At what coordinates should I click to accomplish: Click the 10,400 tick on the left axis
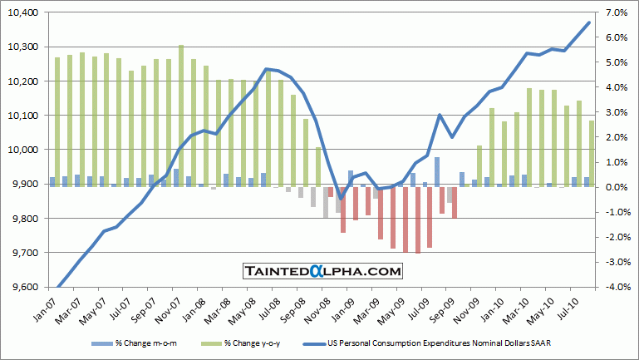pyautogui.click(x=24, y=12)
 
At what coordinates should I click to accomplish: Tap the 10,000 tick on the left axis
pyautogui.click(x=24, y=150)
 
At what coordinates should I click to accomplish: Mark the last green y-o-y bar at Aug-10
pyautogui.click(x=592, y=154)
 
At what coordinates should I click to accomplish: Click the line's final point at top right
pyautogui.click(x=589, y=22)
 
